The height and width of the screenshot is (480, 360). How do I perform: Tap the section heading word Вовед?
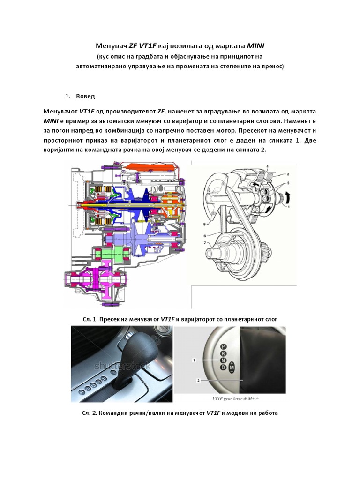pyautogui.click(x=86, y=96)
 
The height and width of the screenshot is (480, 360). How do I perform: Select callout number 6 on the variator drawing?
pyautogui.click(x=204, y=235)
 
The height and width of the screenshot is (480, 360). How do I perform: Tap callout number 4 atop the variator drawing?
pyautogui.click(x=267, y=166)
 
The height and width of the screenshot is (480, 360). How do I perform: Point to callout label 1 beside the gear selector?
pyautogui.click(x=193, y=360)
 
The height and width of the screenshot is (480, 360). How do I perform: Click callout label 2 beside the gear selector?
pyautogui.click(x=198, y=381)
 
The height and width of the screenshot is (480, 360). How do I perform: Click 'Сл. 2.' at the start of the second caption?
pyautogui.click(x=90, y=413)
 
